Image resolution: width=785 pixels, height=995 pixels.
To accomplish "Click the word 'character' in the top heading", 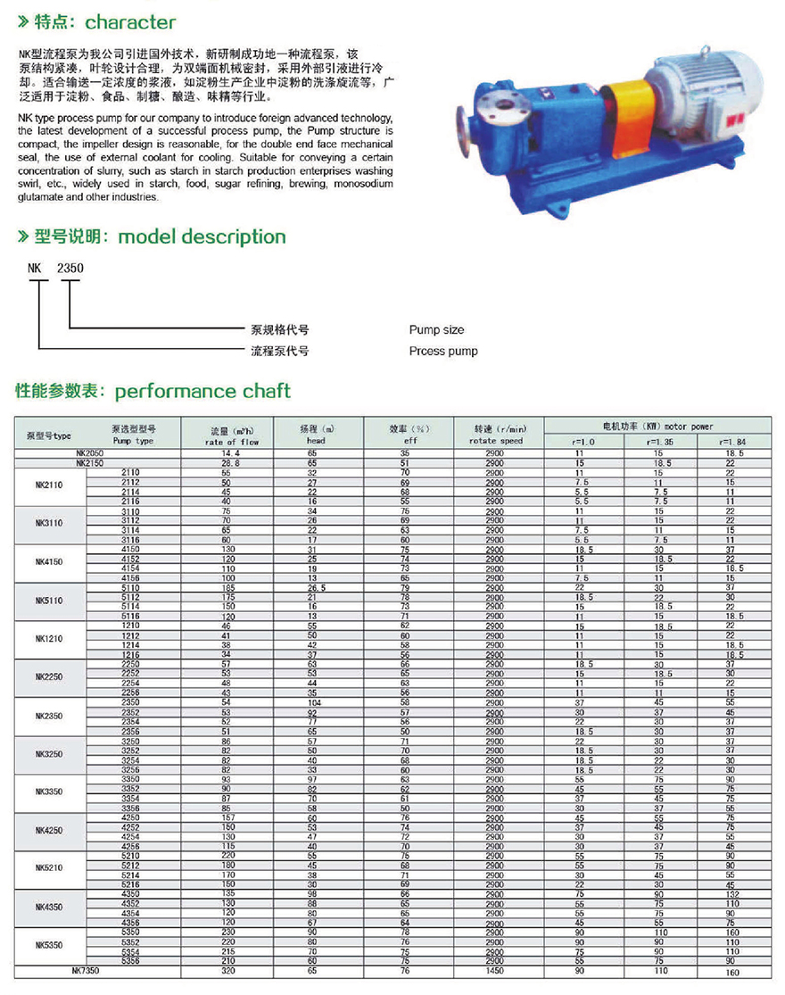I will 131,22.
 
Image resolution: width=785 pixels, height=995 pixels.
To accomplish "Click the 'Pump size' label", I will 436,330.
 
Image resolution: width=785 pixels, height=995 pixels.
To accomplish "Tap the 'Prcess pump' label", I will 443,352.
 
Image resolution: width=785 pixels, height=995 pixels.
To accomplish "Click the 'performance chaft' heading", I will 202,391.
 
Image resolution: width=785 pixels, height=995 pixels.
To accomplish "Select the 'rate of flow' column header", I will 232,442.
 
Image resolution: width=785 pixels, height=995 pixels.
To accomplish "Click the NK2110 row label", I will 49,487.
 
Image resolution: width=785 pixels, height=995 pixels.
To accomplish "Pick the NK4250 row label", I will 49,831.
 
